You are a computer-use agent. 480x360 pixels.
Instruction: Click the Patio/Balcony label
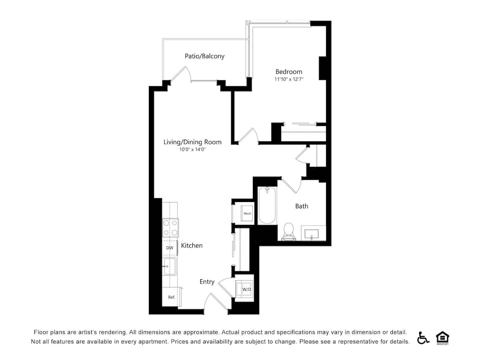click(x=204, y=56)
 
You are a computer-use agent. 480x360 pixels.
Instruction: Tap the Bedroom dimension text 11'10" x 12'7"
click(x=289, y=79)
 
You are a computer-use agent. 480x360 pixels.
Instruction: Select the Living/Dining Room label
click(x=192, y=142)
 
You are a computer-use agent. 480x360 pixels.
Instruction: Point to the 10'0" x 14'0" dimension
click(x=192, y=150)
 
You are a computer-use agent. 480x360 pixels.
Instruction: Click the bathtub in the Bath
click(x=267, y=206)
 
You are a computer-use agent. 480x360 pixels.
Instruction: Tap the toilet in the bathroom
click(x=288, y=231)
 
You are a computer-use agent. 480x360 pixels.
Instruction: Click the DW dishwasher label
click(x=170, y=248)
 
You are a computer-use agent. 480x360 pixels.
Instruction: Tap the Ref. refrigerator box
click(x=171, y=297)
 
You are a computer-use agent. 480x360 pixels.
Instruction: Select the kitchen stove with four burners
click(x=170, y=228)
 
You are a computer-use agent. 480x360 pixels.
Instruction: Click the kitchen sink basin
click(x=170, y=266)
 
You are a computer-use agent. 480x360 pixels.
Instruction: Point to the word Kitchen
click(x=192, y=246)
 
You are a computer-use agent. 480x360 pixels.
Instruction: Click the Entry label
click(x=207, y=282)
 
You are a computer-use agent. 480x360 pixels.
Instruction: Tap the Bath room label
click(x=302, y=206)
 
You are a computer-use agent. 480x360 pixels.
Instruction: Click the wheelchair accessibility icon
click(x=423, y=338)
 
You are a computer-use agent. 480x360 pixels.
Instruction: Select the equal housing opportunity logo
click(x=442, y=338)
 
